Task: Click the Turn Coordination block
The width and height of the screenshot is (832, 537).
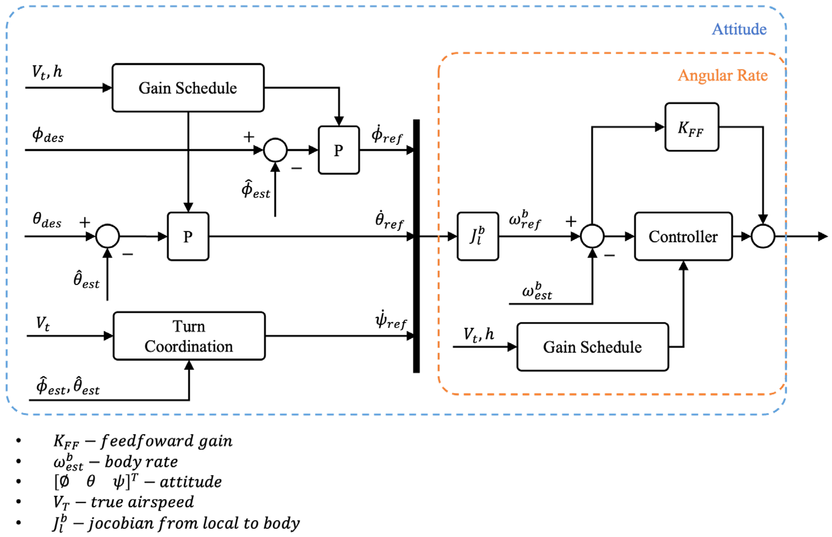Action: (189, 336)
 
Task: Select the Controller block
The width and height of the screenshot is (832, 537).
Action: (683, 236)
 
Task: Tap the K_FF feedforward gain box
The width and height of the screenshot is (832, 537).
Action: (691, 127)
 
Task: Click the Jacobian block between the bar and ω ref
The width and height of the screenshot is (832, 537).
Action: (478, 236)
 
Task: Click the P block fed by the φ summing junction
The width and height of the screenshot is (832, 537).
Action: (339, 150)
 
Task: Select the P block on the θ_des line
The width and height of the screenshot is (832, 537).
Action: (188, 236)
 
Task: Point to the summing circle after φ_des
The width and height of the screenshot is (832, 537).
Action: (275, 150)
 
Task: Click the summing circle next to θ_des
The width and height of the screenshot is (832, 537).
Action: (108, 236)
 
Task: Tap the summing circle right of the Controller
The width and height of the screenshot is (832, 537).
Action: (763, 236)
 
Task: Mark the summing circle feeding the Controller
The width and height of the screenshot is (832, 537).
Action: (592, 236)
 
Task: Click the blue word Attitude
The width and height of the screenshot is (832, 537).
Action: (739, 29)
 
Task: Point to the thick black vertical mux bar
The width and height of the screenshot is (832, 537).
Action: (416, 246)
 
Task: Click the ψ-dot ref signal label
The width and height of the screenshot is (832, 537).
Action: (391, 320)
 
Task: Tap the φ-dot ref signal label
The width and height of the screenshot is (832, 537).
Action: (387, 135)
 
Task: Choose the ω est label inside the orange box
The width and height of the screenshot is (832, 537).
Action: (537, 292)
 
